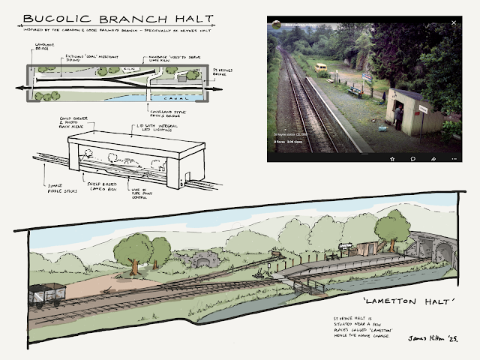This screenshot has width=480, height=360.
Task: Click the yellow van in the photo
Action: tap(322, 69)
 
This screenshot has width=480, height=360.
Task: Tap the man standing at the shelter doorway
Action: tap(397, 115)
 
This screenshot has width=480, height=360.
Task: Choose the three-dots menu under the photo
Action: tap(454, 158)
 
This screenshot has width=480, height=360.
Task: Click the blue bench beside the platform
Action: tap(354, 92)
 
